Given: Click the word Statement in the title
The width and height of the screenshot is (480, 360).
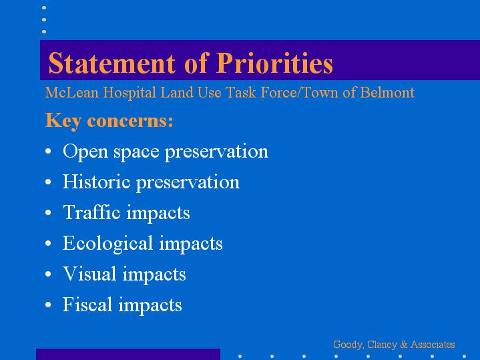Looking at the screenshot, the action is (112, 63).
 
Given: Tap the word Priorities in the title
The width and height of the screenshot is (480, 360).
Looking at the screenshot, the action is (274, 63).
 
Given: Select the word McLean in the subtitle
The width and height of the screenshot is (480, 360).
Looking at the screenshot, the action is (72, 93).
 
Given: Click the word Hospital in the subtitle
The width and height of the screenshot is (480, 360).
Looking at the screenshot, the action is (130, 93).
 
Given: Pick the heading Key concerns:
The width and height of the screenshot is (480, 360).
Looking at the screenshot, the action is (109, 120).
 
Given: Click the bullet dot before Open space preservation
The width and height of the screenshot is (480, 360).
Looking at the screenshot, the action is (48, 151).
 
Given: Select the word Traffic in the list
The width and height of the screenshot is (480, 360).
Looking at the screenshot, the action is (91, 212).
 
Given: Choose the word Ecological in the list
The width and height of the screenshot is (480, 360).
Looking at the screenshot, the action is (107, 244).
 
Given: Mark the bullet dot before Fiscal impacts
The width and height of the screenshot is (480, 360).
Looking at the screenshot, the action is (48, 305).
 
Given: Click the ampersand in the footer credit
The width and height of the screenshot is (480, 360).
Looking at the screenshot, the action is (404, 345).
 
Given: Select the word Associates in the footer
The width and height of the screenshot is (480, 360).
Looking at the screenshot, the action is (433, 345).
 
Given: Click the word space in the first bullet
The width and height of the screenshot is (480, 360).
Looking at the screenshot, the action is (136, 152).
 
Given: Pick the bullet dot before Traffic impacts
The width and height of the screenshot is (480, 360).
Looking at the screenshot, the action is (48, 212).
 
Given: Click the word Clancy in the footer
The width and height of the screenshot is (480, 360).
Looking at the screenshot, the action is (381, 345).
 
